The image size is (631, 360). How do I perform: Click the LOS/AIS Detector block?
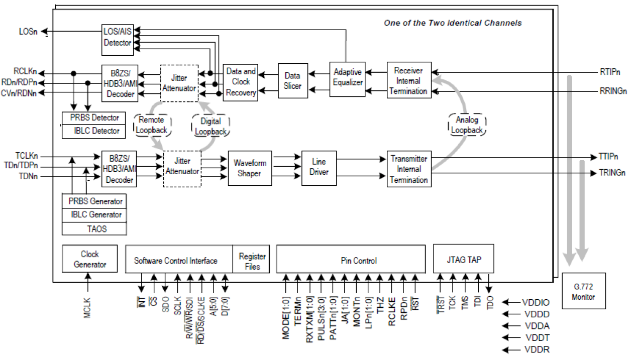117,38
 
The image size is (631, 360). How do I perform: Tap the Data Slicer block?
292,80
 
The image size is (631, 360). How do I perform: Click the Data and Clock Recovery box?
241,81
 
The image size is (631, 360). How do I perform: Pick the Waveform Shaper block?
250,168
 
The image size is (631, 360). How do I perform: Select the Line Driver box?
319,167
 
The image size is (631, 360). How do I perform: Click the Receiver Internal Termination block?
408,80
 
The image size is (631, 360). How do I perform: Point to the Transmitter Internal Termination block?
408,169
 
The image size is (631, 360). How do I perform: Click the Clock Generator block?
90,259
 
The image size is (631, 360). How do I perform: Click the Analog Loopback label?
467,125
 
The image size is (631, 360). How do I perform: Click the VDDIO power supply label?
536,302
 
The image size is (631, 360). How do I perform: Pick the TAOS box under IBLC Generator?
93,228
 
